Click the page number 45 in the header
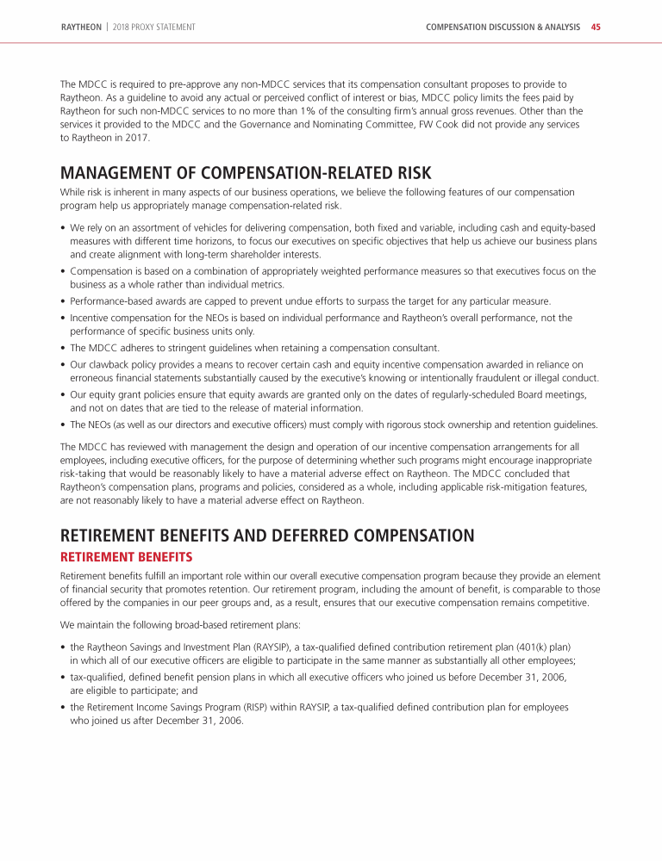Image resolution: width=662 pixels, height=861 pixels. point(596,28)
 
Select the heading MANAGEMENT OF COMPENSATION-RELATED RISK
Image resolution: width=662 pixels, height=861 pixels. point(246,173)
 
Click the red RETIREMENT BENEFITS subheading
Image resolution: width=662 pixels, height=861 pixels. point(126,557)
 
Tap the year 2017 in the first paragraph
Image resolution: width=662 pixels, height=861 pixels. point(138,137)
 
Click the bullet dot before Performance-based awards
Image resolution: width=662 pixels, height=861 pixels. point(63,301)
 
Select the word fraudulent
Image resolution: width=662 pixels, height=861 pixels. point(496,378)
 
